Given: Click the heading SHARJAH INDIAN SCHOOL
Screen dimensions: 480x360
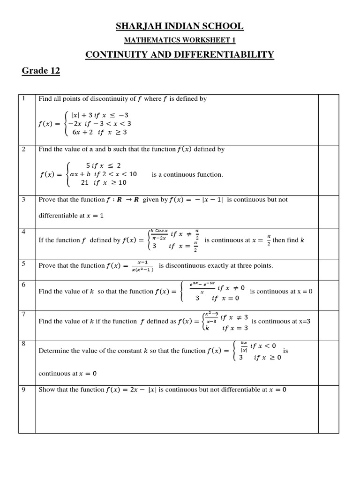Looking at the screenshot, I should click(x=180, y=26).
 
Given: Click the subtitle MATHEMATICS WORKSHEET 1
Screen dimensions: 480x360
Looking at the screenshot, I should click(x=180, y=40).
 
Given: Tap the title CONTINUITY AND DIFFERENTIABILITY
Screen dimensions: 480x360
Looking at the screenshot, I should click(x=180, y=55).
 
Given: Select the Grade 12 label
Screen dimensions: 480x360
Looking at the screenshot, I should click(x=41, y=71).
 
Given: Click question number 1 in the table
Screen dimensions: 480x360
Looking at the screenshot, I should click(x=23, y=98).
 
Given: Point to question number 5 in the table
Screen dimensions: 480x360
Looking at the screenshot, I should click(x=23, y=263).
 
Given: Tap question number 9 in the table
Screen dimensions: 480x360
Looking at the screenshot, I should click(x=23, y=389).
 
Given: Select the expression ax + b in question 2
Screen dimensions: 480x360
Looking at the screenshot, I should click(x=80, y=174).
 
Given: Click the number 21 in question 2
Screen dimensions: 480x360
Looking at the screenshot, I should click(x=85, y=183).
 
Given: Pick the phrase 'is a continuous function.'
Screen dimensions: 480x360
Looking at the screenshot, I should click(x=187, y=174).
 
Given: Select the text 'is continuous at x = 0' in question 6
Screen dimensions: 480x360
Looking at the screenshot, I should click(x=281, y=291).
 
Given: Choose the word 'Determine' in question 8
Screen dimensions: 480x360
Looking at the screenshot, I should click(x=53, y=351).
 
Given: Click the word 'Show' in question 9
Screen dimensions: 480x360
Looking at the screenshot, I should click(x=46, y=390).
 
